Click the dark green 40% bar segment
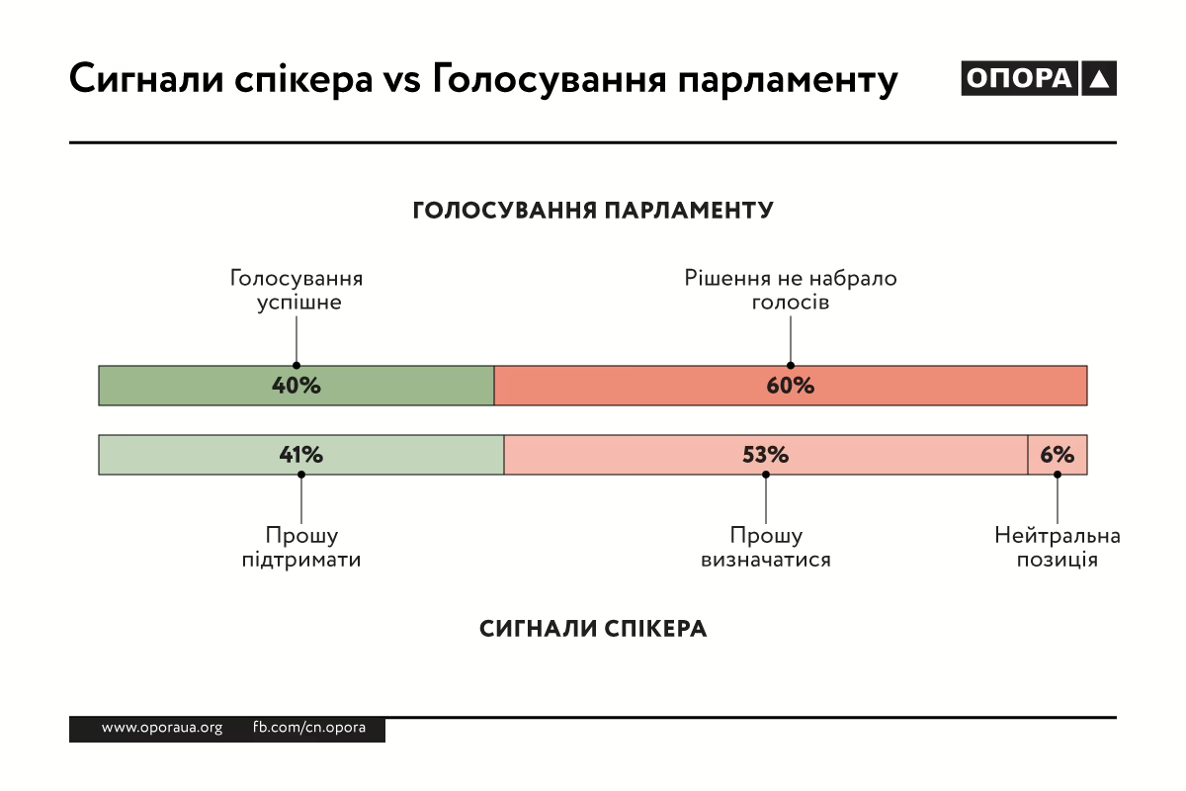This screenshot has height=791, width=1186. (296, 386)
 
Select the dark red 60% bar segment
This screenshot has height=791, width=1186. (791, 386)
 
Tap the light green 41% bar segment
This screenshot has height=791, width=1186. (301, 455)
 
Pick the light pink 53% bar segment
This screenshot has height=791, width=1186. (766, 455)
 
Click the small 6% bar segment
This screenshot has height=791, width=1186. (1058, 455)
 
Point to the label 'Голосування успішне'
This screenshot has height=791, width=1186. (296, 290)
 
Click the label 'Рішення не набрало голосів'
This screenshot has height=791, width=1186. (791, 290)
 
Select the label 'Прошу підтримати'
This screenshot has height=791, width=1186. (301, 548)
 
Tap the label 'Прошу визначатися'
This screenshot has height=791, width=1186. (766, 548)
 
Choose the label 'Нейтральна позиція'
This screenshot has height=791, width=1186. (1058, 548)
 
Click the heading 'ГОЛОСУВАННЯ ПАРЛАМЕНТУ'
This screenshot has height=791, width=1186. (593, 211)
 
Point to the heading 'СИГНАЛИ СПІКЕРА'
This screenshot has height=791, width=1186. (593, 629)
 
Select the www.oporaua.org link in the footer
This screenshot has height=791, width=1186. (162, 728)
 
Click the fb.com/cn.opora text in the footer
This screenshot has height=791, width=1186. (309, 728)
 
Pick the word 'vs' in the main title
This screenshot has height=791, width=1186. (401, 79)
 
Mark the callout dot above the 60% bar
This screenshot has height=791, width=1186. (791, 365)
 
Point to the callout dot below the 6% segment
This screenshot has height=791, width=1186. (1058, 475)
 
